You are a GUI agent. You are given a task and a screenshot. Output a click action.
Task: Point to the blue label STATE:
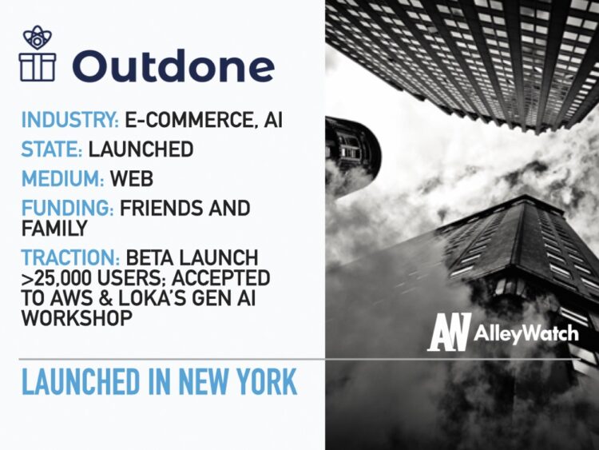(51, 149)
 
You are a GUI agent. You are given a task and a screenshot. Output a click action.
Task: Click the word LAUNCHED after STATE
(141, 149)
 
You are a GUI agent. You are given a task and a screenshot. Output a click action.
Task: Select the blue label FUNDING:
(67, 209)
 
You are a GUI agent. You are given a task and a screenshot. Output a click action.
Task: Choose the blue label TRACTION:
(71, 258)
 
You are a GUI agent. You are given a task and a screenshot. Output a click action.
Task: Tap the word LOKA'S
(171, 297)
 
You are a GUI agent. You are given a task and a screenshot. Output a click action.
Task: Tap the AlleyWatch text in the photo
(527, 333)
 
